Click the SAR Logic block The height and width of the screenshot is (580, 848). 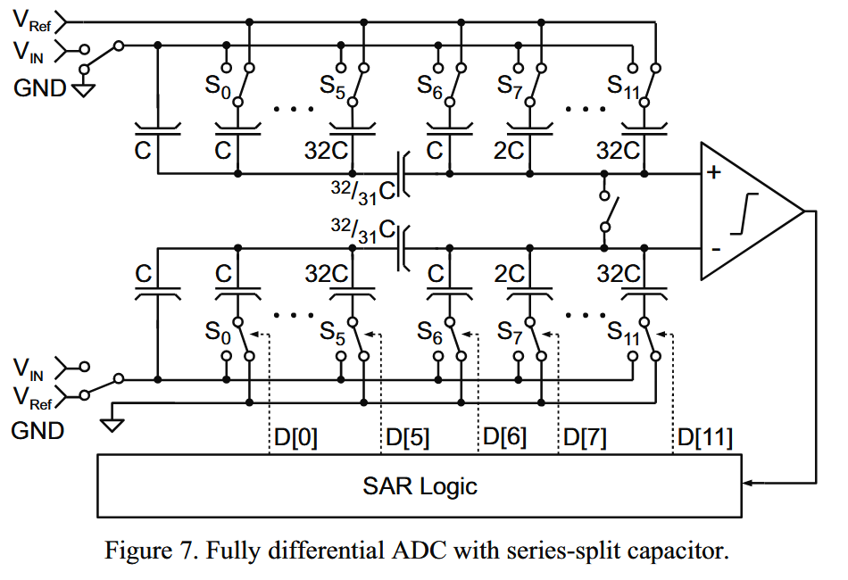[420, 486]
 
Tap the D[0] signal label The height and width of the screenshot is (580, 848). [294, 437]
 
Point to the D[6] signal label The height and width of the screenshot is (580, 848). [503, 437]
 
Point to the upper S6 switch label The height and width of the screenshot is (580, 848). [432, 87]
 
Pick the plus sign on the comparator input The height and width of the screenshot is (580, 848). [713, 172]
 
